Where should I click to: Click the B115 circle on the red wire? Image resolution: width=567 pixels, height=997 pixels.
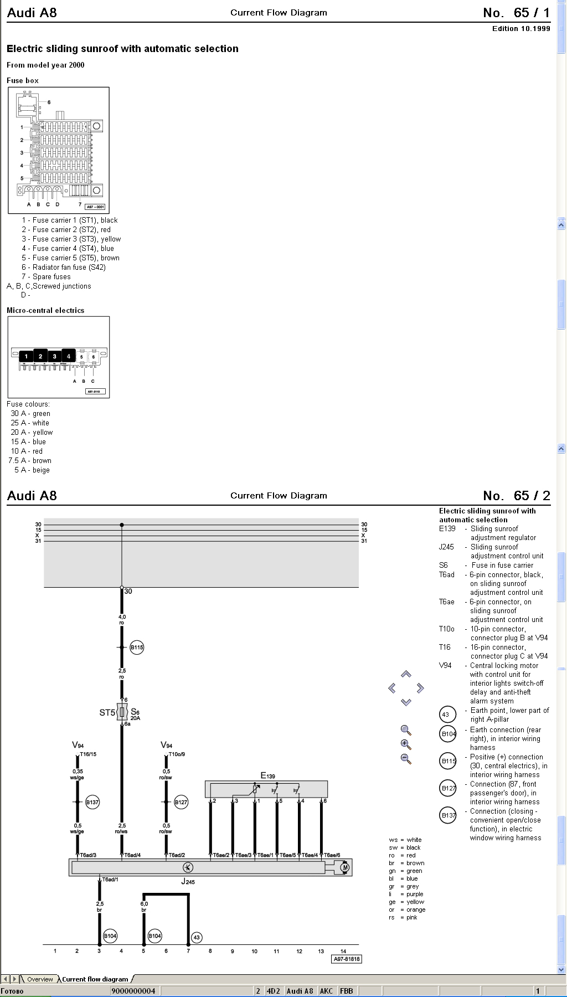[x=137, y=647]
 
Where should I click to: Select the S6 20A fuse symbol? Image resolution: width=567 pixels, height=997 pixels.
[x=122, y=712]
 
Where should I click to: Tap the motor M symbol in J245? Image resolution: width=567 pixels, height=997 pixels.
[x=344, y=867]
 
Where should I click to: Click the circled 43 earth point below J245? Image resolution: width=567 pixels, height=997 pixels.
[x=197, y=937]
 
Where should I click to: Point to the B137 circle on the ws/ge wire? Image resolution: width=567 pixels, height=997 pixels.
[x=92, y=802]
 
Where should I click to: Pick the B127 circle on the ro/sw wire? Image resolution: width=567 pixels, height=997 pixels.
[x=181, y=802]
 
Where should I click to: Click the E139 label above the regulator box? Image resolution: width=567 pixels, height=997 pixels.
[x=267, y=776]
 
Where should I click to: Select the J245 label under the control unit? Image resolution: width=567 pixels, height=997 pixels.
[x=188, y=881]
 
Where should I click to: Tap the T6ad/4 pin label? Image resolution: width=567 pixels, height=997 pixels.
[x=132, y=855]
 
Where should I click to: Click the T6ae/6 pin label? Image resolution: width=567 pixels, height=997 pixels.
[x=332, y=855]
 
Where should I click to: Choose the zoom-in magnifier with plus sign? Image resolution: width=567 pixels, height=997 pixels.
[x=406, y=744]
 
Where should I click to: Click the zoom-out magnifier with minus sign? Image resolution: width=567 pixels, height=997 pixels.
[x=406, y=759]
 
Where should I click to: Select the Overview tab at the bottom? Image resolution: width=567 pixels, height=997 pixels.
[x=40, y=979]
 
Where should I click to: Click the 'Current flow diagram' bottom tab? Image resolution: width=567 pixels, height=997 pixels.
[x=95, y=979]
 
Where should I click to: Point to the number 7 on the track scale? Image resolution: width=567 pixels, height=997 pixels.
[x=188, y=951]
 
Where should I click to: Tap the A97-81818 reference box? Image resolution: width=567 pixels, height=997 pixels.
[x=347, y=959]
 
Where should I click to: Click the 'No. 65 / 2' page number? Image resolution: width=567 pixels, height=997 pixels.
[x=516, y=496]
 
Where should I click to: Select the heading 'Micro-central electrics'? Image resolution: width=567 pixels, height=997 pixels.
[x=45, y=310]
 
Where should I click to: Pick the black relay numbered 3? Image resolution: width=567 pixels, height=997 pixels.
[x=54, y=356]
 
